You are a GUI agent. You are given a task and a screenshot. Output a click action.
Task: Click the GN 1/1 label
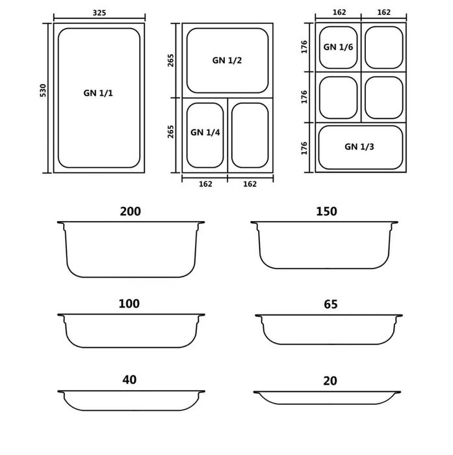pyautogui.click(x=98, y=93)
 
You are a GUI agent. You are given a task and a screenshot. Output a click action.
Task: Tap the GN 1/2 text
pyautogui.click(x=227, y=60)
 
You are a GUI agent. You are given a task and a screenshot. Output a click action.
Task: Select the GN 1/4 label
pyautogui.click(x=205, y=132)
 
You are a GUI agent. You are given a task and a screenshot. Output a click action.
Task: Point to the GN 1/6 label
pyautogui.click(x=338, y=47)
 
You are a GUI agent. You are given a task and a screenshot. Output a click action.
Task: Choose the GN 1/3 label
pyautogui.click(x=359, y=146)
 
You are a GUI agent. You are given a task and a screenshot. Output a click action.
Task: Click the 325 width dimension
pyautogui.click(x=99, y=12)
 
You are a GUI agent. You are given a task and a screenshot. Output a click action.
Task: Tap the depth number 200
pyautogui.click(x=130, y=211)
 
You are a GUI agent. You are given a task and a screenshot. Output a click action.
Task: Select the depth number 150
pyautogui.click(x=326, y=211)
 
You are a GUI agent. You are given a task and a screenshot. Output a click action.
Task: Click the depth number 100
pyautogui.click(x=129, y=304)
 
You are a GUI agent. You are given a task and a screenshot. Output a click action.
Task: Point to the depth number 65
pyautogui.click(x=330, y=304)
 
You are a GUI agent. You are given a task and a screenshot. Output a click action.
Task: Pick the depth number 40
pyautogui.click(x=129, y=380)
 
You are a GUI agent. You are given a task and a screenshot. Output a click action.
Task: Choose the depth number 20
pyautogui.click(x=330, y=381)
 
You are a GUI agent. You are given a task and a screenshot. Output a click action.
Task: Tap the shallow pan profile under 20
pyautogui.click(x=328, y=398)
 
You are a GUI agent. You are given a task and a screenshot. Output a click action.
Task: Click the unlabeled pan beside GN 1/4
pyautogui.click(x=250, y=135)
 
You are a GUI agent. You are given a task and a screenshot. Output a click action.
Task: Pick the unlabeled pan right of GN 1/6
pyautogui.click(x=383, y=47)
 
